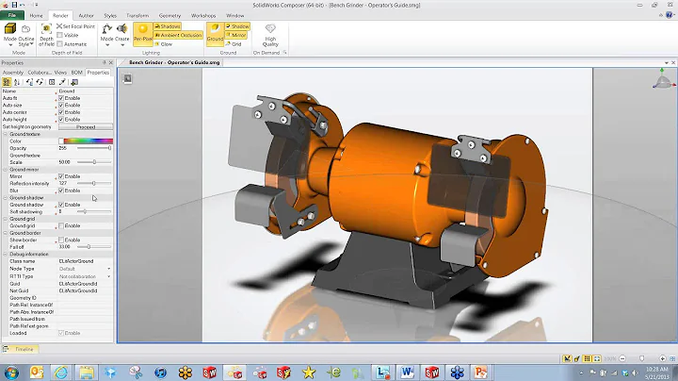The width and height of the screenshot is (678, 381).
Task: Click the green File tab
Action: coord(10,16)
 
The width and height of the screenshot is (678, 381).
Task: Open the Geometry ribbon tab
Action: coord(170,16)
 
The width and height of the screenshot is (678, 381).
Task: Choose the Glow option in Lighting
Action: coord(166,43)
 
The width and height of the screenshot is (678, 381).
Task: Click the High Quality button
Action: coord(271,37)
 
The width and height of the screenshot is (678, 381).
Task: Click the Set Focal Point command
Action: coord(79,26)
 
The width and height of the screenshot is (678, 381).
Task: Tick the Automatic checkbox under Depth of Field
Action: coord(60,43)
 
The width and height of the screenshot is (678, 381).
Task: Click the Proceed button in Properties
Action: coord(86,126)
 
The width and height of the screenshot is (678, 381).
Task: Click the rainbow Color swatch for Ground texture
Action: coord(85,141)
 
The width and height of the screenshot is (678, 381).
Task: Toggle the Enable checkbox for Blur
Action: coord(61,190)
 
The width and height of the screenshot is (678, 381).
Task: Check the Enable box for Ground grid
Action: coord(61,225)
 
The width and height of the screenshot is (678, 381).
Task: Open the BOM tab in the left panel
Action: coord(77,72)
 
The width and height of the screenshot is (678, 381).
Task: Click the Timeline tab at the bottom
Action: coord(23,349)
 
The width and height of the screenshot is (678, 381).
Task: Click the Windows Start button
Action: coord(12,372)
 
